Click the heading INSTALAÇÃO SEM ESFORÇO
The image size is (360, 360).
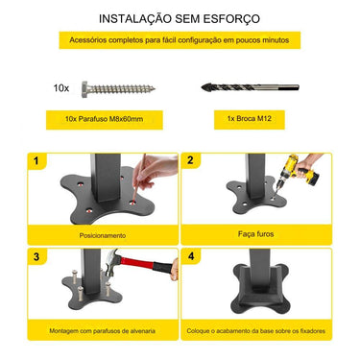(x=180, y=18)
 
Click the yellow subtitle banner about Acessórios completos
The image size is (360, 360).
(x=180, y=39)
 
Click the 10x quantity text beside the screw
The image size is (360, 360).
(x=60, y=87)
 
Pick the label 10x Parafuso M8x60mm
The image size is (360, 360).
(x=104, y=121)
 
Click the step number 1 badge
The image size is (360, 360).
(x=36, y=160)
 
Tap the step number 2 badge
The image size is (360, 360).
(x=191, y=160)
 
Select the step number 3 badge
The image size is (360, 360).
(x=36, y=257)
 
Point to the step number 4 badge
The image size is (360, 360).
(x=191, y=257)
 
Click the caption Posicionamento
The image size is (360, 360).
(x=103, y=235)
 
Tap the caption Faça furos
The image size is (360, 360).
(x=257, y=233)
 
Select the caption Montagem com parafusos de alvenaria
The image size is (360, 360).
(x=103, y=331)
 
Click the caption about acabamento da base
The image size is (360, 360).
(x=257, y=331)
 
